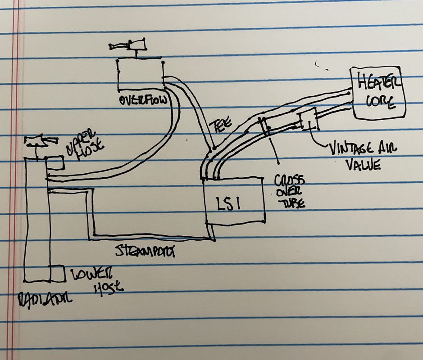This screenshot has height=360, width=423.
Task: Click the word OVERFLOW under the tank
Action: pyautogui.click(x=143, y=99)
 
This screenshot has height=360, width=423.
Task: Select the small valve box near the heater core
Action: pyautogui.click(x=308, y=119)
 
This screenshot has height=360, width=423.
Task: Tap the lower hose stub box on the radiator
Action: pyautogui.click(x=58, y=273)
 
